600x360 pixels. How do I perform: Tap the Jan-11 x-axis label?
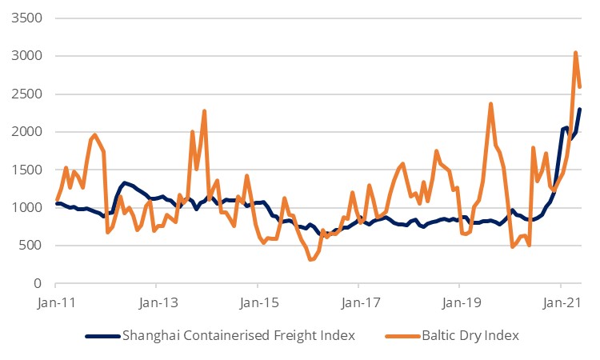click(54, 304)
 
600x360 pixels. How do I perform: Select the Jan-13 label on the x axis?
click(155, 304)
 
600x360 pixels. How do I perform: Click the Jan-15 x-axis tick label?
click(257, 304)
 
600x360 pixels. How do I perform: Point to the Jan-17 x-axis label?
click(358, 304)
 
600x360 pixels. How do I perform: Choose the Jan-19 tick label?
click(459, 304)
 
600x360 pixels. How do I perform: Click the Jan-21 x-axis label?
click(560, 304)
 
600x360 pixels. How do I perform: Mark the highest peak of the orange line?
click(576, 53)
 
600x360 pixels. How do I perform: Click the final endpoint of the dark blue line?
click(580, 110)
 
